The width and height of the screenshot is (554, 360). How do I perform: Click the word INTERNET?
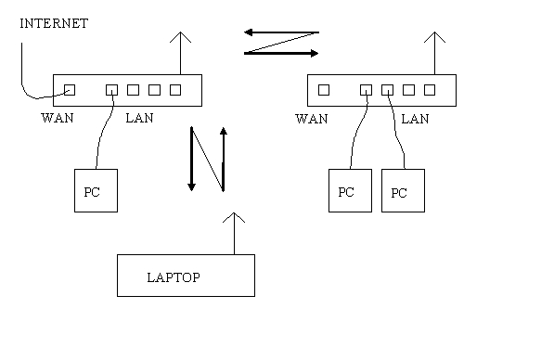click(x=54, y=23)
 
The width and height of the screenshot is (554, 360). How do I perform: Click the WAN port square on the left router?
click(x=70, y=89)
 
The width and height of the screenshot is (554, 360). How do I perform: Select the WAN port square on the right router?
click(x=323, y=89)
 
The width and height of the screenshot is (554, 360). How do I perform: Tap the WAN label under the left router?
click(x=58, y=119)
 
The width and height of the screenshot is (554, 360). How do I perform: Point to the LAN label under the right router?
click(x=415, y=119)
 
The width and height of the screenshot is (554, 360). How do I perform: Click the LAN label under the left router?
click(x=139, y=119)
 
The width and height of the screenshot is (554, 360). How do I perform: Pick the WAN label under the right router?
click(x=311, y=119)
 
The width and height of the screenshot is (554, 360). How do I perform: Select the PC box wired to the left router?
click(x=96, y=190)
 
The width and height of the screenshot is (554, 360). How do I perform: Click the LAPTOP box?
click(x=186, y=275)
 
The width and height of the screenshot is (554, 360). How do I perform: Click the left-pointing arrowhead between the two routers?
click(x=250, y=32)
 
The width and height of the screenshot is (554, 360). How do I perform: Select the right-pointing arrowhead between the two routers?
click(x=314, y=53)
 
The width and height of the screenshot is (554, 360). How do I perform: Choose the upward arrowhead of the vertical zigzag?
click(x=223, y=133)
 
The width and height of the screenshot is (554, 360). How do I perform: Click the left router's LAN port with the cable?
click(x=111, y=89)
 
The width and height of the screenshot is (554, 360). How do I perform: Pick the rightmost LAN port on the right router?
click(x=430, y=89)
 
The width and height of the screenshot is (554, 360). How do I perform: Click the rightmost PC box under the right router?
click(x=403, y=191)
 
